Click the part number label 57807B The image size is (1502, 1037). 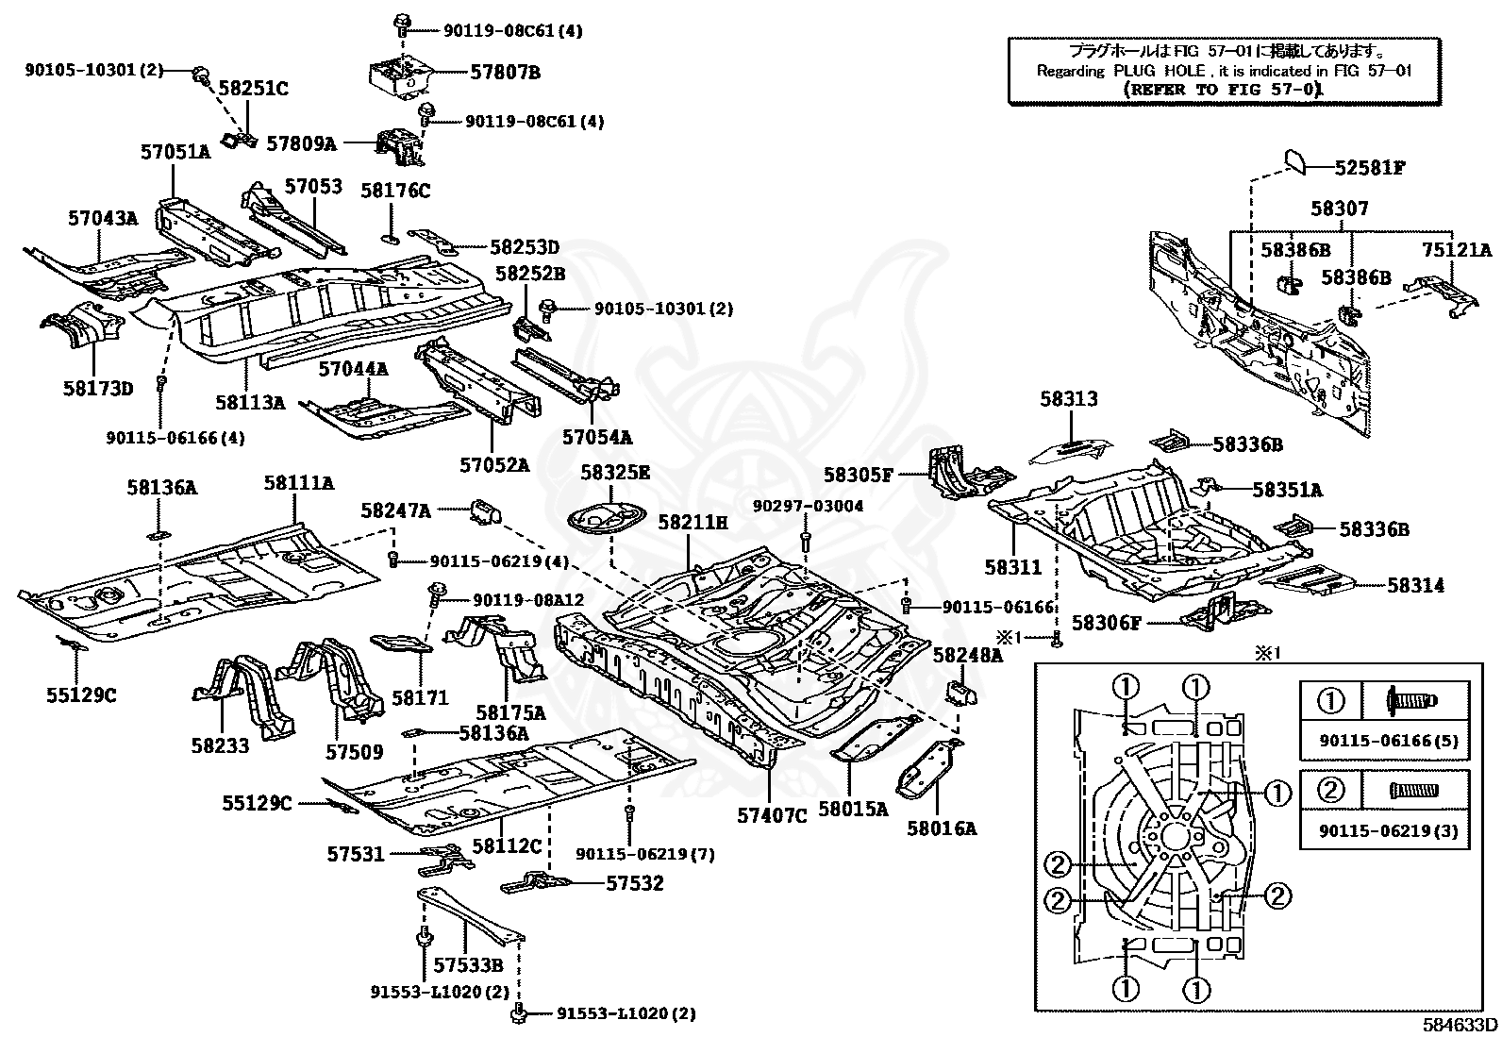tap(506, 72)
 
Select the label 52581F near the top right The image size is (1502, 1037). tap(1370, 168)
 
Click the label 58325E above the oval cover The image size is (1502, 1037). tap(615, 472)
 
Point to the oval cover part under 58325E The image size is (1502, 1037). tap(606, 520)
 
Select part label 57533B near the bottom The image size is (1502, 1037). tap(468, 965)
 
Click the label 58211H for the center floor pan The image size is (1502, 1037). tap(693, 521)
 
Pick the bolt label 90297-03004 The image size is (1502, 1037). tap(808, 506)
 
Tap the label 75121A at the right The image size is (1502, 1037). tap(1457, 250)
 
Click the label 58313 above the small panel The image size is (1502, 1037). tap(1069, 399)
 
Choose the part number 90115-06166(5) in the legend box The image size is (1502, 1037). tap(1383, 741)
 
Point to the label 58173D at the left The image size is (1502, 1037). tap(98, 388)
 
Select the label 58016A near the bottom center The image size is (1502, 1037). tap(942, 828)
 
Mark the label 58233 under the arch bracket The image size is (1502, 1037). tap(220, 746)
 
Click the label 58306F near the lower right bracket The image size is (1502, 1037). tap(1107, 623)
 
